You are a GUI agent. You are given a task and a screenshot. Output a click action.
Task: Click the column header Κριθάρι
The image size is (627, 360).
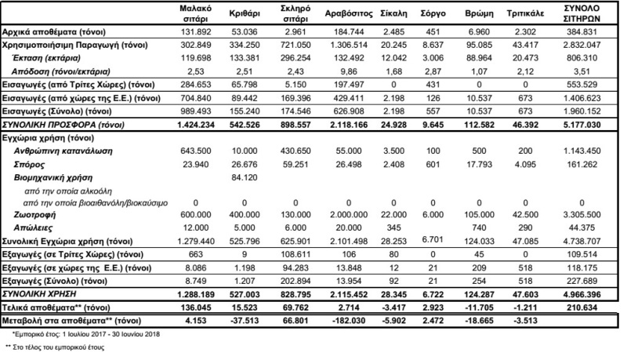245,14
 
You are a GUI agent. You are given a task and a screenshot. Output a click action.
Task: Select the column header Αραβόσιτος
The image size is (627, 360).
342,14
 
